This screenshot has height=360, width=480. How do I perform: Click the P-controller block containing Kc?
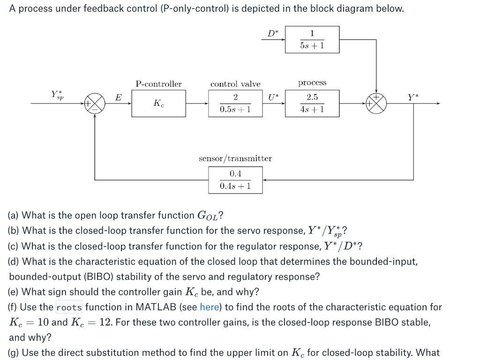(158, 103)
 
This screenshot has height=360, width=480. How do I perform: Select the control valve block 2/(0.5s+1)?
(235, 103)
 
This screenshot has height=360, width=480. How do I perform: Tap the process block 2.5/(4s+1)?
(312, 103)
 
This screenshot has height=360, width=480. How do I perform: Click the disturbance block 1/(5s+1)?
(312, 39)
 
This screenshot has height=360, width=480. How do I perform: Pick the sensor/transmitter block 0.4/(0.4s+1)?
(235, 180)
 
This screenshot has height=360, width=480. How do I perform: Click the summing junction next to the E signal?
(95, 103)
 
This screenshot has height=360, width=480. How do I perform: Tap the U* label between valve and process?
(273, 97)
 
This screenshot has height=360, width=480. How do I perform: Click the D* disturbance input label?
(272, 33)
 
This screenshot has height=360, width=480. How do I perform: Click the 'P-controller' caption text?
(158, 84)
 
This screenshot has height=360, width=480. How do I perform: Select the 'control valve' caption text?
(235, 84)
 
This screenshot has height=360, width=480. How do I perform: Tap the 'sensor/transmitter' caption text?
(235, 158)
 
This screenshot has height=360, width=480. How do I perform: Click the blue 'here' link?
(210, 307)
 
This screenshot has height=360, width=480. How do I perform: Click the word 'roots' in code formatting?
(69, 308)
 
